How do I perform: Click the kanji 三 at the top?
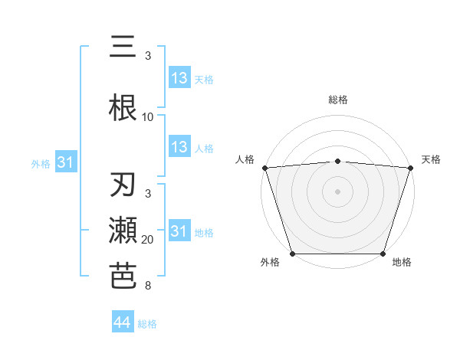coord(123,47)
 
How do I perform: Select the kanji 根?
coord(123,108)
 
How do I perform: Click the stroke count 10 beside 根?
coord(148,117)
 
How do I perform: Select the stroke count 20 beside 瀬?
coord(148,240)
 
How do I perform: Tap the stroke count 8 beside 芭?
coord(148,286)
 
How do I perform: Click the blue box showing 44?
coord(122,322)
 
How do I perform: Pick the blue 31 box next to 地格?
coord(179,231)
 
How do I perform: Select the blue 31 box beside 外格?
coord(65,162)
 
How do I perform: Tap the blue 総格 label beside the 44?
coord(147,324)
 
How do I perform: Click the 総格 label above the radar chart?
coord(337,100)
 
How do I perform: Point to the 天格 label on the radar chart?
coord(431,159)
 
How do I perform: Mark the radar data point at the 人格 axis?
coord(264,168)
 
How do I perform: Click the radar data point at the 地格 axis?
coord(383,254)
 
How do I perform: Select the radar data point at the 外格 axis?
coord(292,254)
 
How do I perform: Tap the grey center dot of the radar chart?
coord(337,191)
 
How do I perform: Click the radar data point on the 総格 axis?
coord(337,161)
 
